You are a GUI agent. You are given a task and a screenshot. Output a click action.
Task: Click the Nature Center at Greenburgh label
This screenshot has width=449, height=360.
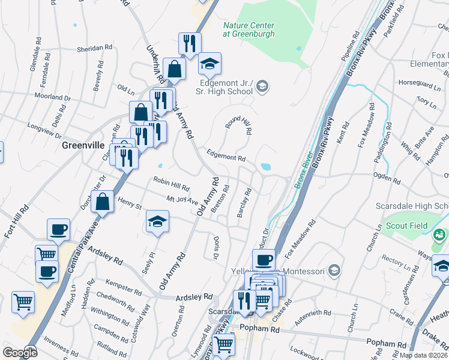coord(249,30)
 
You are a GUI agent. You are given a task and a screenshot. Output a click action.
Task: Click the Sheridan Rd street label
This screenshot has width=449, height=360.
coord(95,47)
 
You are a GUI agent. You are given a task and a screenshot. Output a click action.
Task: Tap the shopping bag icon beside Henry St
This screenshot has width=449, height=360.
coord(103,202)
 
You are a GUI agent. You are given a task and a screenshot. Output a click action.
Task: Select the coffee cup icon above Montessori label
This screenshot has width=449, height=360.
coord(264,260)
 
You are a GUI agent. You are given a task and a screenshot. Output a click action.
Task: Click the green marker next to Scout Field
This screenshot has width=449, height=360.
coord(438,233)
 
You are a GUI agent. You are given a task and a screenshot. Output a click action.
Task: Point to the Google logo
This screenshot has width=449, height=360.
coord(20,352)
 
